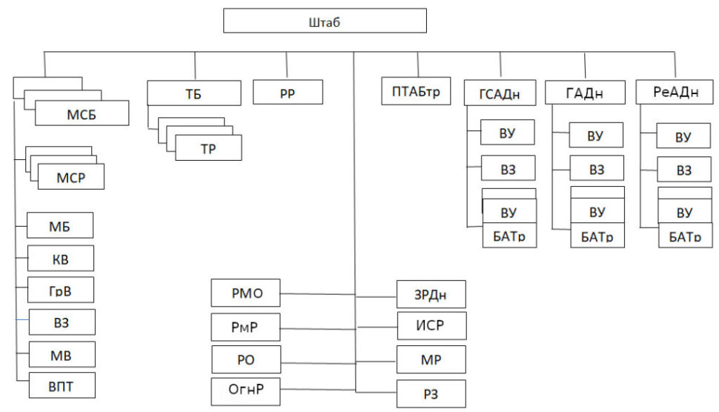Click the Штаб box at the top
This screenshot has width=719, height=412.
(325, 21)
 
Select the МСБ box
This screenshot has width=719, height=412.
(82, 114)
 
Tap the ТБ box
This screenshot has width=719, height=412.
(194, 93)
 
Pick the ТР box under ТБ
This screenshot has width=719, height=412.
(208, 147)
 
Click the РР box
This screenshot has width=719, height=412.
(288, 93)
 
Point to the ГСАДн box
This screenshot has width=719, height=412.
(501, 94)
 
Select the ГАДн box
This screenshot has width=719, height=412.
(584, 93)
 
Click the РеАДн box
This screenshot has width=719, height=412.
(676, 93)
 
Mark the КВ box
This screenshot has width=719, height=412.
(60, 258)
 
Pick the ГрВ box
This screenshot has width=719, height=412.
(60, 289)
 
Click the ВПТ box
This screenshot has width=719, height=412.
(62, 385)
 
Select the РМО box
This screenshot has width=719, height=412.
(246, 294)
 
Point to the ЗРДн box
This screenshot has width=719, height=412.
(431, 294)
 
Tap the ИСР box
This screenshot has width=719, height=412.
(431, 326)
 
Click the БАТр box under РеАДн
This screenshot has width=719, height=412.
(684, 237)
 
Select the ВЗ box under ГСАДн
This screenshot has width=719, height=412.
(508, 170)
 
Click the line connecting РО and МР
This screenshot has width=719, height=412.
(339, 363)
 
